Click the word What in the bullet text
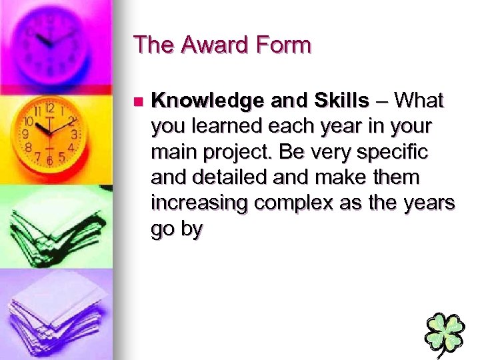[419, 101]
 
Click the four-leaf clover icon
[445, 333]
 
